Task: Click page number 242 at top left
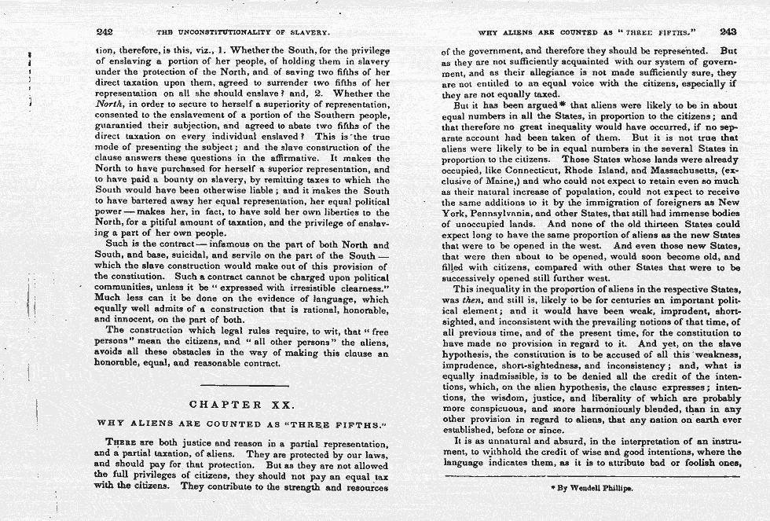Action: (x=104, y=32)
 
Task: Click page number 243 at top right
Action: (x=727, y=32)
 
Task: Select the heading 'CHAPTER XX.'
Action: (x=242, y=405)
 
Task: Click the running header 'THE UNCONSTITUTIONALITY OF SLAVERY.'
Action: (x=242, y=33)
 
